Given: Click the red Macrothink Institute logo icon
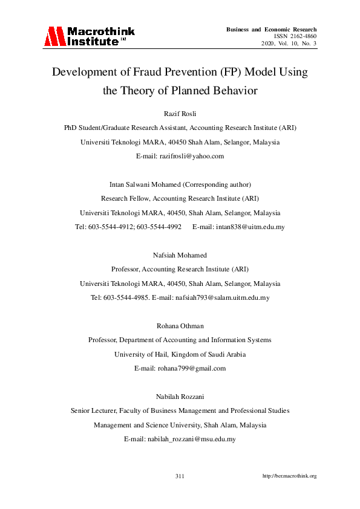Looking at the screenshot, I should coord(53,37).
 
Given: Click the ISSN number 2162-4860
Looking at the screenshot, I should coord(295,37).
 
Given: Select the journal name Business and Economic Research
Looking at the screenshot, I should coord(271,30).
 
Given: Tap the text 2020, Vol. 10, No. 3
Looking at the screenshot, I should coord(289,44).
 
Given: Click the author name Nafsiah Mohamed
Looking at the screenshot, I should coord(180,255).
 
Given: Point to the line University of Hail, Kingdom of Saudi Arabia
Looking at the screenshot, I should coord(180,354).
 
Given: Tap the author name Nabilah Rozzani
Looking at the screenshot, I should coord(180,397).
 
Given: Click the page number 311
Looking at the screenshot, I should coord(180,476).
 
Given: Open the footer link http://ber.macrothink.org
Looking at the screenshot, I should coord(289,476).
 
